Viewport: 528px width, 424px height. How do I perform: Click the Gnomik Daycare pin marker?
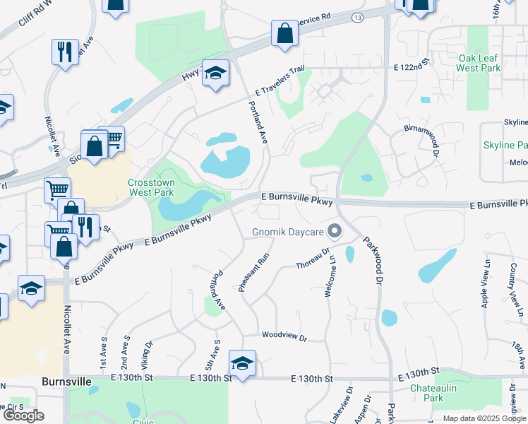[335, 231]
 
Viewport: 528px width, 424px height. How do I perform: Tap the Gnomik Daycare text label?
[288, 232]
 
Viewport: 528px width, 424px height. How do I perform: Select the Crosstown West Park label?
[150, 187]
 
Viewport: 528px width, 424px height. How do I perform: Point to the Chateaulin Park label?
[432, 394]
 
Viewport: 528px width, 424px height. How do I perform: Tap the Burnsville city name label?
[66, 381]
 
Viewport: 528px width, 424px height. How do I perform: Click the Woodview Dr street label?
[284, 337]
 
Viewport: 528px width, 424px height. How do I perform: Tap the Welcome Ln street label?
[329, 276]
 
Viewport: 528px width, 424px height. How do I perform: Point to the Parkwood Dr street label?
[373, 260]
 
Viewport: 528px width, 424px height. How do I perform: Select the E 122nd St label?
[412, 66]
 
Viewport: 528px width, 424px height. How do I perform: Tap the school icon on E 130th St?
[242, 363]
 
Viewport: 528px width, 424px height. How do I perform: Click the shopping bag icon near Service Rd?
[284, 33]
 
